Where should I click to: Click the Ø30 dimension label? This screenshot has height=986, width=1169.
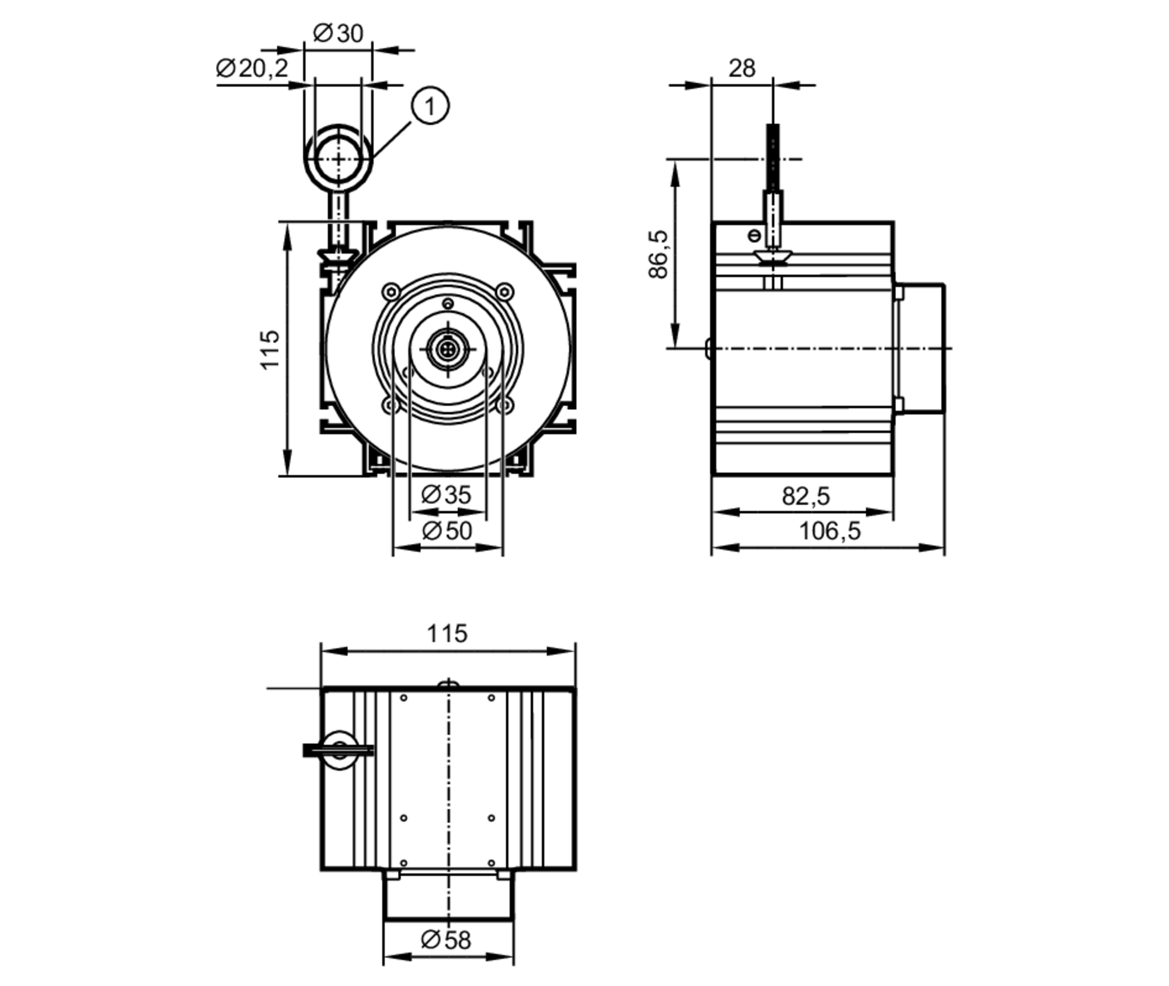(x=338, y=33)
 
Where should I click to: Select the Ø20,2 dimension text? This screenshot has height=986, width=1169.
(x=252, y=68)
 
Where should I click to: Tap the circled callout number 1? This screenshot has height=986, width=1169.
(x=430, y=106)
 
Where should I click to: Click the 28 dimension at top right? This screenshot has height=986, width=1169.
(x=742, y=68)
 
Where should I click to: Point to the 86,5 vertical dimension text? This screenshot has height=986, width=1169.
(x=659, y=254)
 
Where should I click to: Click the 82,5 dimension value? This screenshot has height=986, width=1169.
(x=805, y=496)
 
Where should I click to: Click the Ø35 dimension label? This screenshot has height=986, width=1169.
(x=446, y=495)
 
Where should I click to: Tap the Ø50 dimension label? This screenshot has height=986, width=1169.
(x=447, y=531)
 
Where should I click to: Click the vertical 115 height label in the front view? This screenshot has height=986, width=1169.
(x=270, y=350)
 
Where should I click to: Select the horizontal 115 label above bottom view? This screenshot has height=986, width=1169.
(x=447, y=634)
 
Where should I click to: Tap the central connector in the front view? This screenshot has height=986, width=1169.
(x=447, y=350)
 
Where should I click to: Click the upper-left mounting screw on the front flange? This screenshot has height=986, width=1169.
(x=390, y=291)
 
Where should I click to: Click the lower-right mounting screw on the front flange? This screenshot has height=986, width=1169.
(x=505, y=404)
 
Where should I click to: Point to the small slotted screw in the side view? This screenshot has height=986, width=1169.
(x=755, y=236)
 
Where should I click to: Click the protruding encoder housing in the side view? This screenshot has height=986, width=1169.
(x=921, y=348)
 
